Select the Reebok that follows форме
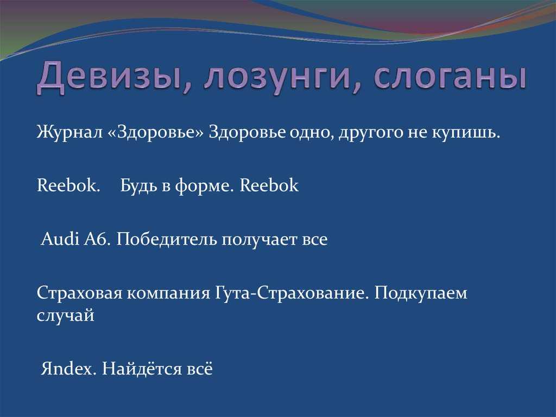(269, 185)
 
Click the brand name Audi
(60, 239)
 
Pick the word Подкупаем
(421, 294)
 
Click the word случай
(65, 315)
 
